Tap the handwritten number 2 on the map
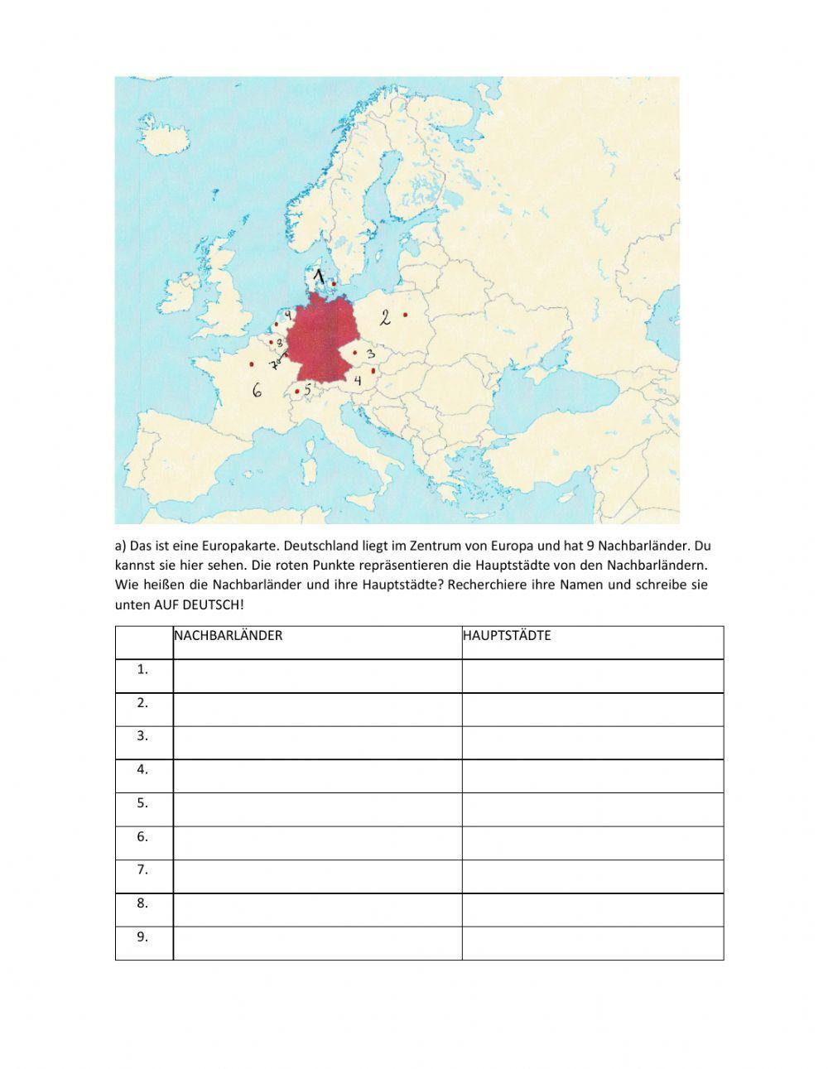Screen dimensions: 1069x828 point(385,316)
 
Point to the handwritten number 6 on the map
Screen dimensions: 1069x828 point(258,389)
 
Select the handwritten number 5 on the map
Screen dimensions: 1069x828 point(308,388)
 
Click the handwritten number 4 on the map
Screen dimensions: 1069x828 point(358,381)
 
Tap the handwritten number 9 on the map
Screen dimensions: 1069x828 point(288,315)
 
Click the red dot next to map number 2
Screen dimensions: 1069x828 point(406,315)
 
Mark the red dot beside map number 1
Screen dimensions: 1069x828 point(334,283)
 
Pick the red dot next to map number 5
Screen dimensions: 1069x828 point(297,392)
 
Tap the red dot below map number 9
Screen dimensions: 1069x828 point(277,325)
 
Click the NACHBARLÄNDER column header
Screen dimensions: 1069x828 point(228,636)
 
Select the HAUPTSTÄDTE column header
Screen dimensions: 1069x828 point(507,636)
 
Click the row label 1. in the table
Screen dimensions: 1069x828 point(143,670)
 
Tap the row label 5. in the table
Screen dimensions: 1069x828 point(143,803)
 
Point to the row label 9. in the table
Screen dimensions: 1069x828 point(143,937)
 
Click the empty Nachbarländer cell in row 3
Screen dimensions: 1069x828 point(317,743)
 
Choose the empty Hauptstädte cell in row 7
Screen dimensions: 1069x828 point(592,876)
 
